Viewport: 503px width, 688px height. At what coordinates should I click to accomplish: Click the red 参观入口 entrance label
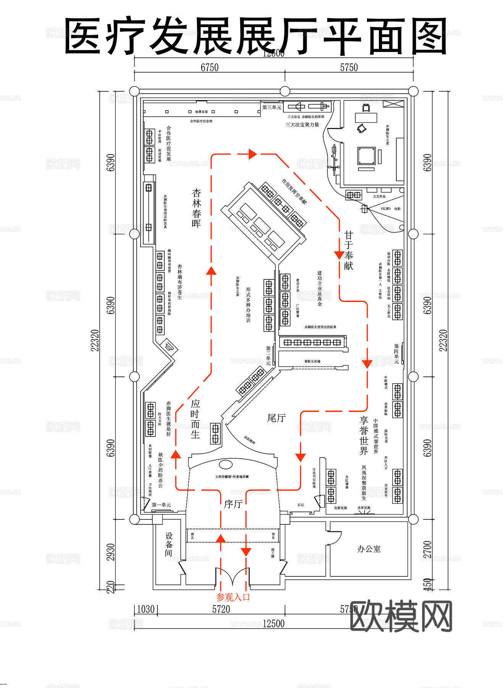click(233, 597)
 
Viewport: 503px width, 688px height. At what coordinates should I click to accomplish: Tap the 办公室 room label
click(369, 549)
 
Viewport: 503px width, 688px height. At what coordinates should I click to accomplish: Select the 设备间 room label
click(169, 544)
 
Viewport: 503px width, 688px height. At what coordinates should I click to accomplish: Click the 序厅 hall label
click(233, 504)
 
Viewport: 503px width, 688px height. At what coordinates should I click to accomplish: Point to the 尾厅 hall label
click(276, 418)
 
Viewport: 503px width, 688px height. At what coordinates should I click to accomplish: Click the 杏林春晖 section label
click(196, 208)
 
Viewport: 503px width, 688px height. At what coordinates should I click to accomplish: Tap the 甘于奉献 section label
click(348, 250)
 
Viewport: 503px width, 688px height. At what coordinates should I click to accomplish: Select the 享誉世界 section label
click(364, 436)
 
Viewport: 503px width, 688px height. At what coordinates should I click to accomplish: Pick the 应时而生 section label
click(195, 419)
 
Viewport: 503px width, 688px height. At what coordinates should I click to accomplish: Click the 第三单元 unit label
click(272, 107)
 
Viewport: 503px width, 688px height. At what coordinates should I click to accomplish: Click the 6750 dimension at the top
click(209, 68)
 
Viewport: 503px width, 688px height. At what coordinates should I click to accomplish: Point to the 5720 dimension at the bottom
click(221, 609)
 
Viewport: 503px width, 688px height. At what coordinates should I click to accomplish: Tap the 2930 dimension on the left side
click(110, 552)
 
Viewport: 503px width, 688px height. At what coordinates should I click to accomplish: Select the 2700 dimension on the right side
click(427, 549)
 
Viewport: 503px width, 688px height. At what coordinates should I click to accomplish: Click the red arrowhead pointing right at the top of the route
click(252, 154)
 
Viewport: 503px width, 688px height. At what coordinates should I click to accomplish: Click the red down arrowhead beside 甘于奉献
click(339, 255)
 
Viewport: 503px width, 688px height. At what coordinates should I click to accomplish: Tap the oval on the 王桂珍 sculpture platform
click(226, 464)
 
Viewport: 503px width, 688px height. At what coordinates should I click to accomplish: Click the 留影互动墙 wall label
click(312, 361)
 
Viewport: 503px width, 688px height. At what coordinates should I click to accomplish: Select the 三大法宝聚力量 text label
click(302, 125)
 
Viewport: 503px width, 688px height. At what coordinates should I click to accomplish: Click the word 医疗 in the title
click(105, 36)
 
